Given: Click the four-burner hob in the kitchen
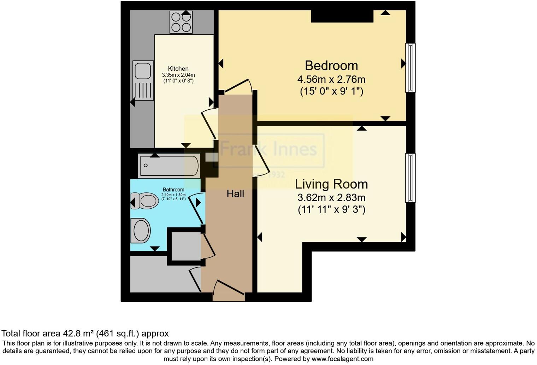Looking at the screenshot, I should pyautogui.click(x=181, y=22).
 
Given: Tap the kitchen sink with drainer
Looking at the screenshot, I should pyautogui.click(x=143, y=80).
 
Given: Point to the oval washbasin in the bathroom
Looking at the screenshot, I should pyautogui.click(x=141, y=231).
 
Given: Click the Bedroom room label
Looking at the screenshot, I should pyautogui.click(x=331, y=66).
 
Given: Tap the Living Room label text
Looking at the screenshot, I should pyautogui.click(x=331, y=184).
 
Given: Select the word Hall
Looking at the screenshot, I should pyautogui.click(x=235, y=194).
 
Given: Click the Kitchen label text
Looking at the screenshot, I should pyautogui.click(x=178, y=69).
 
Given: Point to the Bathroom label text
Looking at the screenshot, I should pyautogui.click(x=173, y=190).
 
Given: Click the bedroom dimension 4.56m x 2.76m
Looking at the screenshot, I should pyautogui.click(x=331, y=79).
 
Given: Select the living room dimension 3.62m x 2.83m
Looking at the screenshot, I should pyautogui.click(x=331, y=197).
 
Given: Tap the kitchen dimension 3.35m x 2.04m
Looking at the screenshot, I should pyautogui.click(x=178, y=75).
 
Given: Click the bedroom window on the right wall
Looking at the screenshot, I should pyautogui.click(x=410, y=68).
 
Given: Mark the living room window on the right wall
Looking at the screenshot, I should pyautogui.click(x=410, y=178).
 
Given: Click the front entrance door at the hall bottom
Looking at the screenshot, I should pyautogui.click(x=229, y=290).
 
